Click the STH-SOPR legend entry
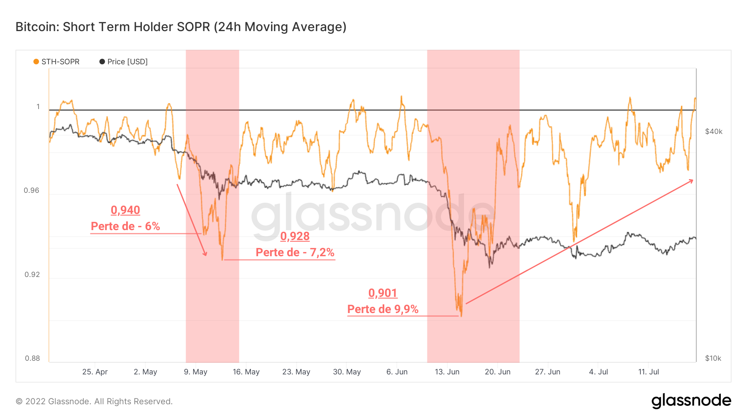56,62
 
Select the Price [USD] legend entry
124,62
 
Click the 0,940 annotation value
125,210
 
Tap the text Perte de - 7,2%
295,252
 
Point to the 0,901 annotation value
383,293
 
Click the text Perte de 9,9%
383,309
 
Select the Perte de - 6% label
125,226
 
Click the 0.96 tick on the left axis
32,191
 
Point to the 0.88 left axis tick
32,358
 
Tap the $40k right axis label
713,131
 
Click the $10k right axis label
713,358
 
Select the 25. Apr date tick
95,372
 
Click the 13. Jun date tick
447,372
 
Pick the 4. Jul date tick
598,372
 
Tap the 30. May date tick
347,372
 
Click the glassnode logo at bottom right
691,401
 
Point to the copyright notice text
94,401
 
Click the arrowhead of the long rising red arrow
691,181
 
